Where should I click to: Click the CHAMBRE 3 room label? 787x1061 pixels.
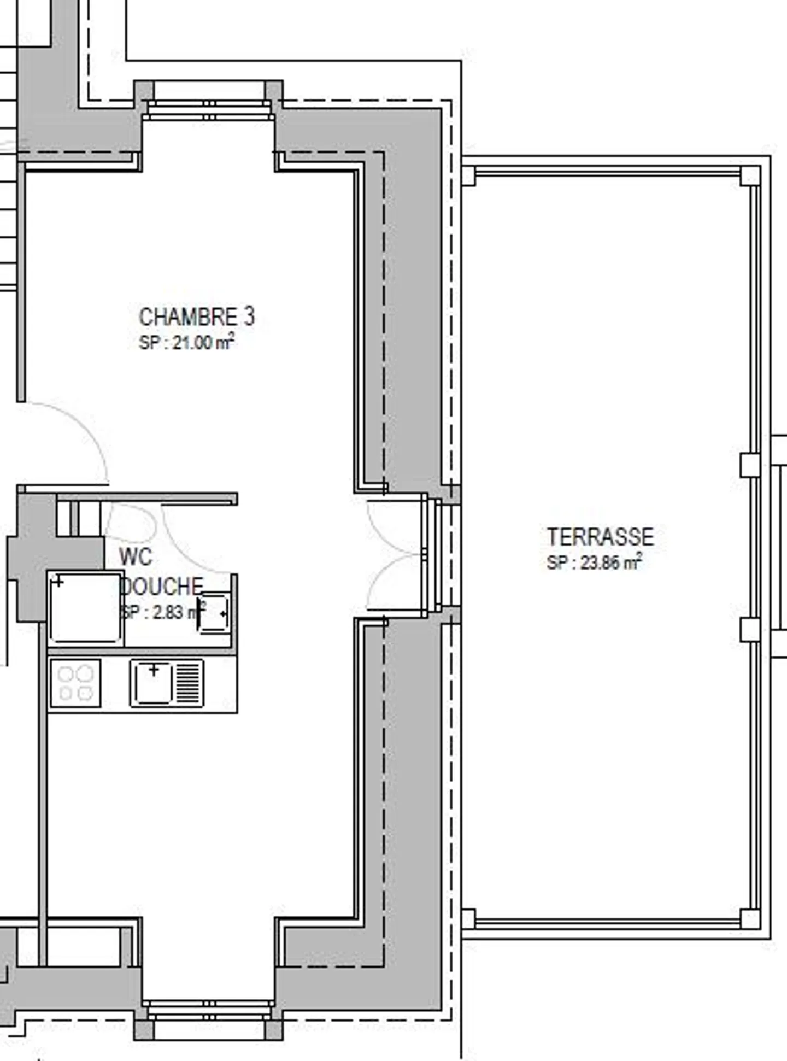click(197, 317)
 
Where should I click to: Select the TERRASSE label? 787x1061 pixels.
click(600, 537)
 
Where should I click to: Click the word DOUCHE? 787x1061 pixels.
click(162, 587)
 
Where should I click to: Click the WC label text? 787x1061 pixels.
click(135, 557)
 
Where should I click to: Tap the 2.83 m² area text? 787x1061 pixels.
click(162, 612)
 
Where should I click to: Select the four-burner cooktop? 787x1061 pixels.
click(75, 683)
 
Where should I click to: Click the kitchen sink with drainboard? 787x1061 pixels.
click(167, 683)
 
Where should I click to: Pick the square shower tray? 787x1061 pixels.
click(85, 608)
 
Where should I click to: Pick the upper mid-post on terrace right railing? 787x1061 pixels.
click(749, 465)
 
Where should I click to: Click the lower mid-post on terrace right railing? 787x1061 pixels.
click(749, 629)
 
